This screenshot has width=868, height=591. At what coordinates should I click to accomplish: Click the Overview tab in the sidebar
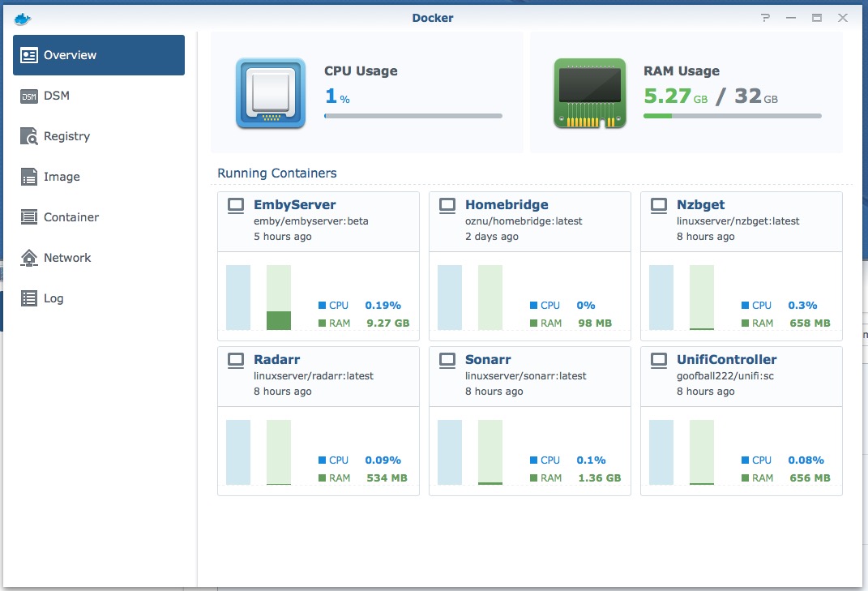coord(98,55)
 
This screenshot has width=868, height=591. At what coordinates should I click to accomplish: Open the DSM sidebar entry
coord(56,96)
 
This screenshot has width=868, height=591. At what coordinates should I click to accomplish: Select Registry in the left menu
coord(66,136)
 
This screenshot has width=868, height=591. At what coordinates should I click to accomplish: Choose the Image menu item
coord(62,177)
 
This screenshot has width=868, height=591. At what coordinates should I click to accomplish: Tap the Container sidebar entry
coord(71,217)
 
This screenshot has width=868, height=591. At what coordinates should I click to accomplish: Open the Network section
coord(67,258)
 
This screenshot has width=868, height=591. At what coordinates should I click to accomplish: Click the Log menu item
coord(53,298)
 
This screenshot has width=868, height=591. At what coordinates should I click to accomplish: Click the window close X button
coord(843,18)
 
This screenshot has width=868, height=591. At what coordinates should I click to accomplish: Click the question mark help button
coord(765,18)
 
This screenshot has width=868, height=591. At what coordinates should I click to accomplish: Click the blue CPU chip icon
coord(271,93)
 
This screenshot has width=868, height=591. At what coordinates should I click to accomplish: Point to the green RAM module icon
coord(590,93)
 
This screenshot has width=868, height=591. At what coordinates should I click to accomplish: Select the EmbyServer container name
coord(294,205)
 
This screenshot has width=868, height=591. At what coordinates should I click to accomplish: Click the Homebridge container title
coord(507,205)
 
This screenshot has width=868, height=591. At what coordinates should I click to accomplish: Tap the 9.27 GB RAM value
coord(387,323)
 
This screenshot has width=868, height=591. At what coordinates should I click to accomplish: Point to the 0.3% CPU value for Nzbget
coord(802,306)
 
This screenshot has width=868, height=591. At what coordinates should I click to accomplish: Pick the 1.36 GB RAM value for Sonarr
coord(599,478)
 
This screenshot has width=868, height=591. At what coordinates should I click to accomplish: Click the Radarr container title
coord(277,359)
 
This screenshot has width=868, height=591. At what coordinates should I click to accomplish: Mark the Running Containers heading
coord(277,173)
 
